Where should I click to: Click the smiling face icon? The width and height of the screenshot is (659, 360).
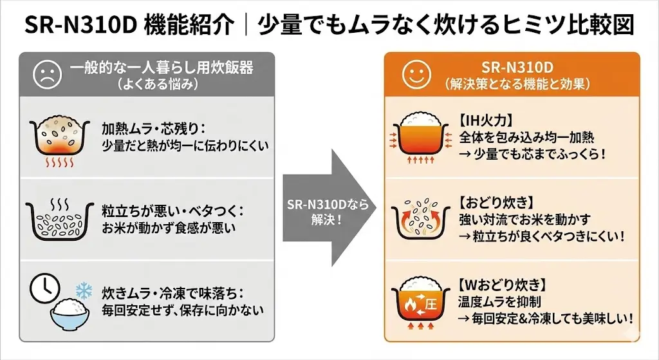pos(414,75)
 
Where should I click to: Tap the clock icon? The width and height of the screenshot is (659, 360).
pos(44,287)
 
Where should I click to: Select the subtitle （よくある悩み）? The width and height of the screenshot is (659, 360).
pos(157,84)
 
